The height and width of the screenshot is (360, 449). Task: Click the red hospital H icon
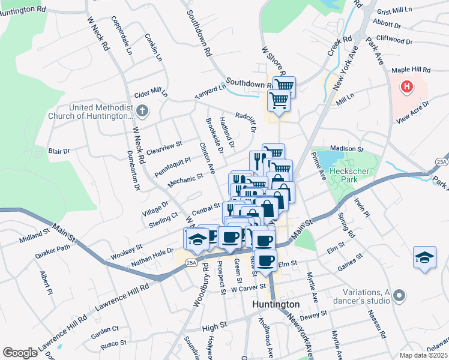point(408,86)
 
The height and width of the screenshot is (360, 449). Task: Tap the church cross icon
point(142,111)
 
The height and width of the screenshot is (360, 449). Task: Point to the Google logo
point(20,353)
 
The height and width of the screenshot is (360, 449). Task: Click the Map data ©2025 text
point(423,355)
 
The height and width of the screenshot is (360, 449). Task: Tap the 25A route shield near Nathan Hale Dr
point(191,262)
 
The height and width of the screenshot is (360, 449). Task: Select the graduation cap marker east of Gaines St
point(424,257)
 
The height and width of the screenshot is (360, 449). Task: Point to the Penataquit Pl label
point(172,161)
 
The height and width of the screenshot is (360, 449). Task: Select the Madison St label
point(346,148)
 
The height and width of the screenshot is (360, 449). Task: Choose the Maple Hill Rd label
point(411,70)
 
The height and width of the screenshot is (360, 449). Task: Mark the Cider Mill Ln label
point(151,94)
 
